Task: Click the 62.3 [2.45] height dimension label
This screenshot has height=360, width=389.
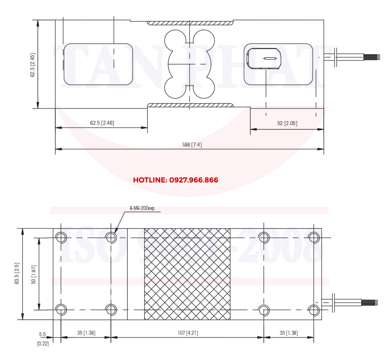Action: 32,65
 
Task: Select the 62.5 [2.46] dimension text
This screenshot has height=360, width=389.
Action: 102,123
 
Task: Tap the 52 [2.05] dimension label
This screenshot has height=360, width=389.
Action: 287,123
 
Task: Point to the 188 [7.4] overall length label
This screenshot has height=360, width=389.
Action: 192,145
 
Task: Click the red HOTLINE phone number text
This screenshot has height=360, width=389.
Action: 175,180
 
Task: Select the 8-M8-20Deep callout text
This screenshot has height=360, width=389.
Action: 142,208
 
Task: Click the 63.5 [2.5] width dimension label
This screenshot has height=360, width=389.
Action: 17,273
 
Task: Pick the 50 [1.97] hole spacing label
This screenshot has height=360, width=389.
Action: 34,274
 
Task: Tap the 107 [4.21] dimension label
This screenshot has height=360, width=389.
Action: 188,333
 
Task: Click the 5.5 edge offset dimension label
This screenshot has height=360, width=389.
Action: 42,334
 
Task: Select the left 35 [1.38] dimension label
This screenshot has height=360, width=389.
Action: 86,333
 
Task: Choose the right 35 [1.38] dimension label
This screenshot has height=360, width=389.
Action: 289,333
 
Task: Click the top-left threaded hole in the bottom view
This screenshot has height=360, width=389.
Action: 61,237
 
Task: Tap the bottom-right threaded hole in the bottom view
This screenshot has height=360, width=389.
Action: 314,310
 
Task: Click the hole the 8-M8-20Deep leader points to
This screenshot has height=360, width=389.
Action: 111,237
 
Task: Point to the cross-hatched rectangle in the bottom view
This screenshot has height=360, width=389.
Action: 187,274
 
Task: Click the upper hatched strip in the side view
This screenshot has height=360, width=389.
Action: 190,23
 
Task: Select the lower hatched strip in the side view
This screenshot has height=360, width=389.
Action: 190,105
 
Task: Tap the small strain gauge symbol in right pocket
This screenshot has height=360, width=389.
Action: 270,58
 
